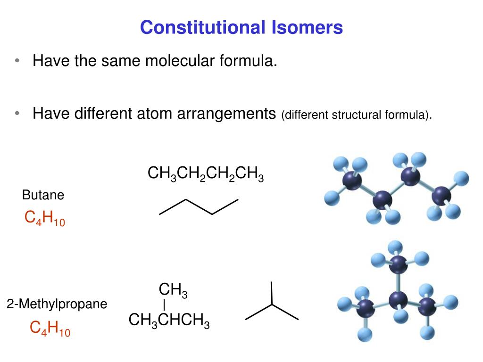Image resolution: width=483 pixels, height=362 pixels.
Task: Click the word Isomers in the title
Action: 307,27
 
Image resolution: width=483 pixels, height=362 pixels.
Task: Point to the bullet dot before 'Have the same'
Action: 17,61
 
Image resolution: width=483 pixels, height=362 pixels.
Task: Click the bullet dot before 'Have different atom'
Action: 17,114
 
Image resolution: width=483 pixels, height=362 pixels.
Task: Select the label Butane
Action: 43,195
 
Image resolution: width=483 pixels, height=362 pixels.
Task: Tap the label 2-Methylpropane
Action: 57,304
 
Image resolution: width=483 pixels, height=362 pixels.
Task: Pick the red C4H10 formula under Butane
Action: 44,219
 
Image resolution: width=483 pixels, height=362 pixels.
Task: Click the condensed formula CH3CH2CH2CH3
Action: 205,174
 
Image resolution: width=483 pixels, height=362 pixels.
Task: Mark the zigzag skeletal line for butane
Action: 199,207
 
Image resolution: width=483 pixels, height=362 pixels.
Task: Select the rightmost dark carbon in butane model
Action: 441,195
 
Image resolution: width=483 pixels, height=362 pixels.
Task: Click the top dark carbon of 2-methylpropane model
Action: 398,266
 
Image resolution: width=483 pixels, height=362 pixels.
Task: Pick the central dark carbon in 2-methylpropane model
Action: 399,299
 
